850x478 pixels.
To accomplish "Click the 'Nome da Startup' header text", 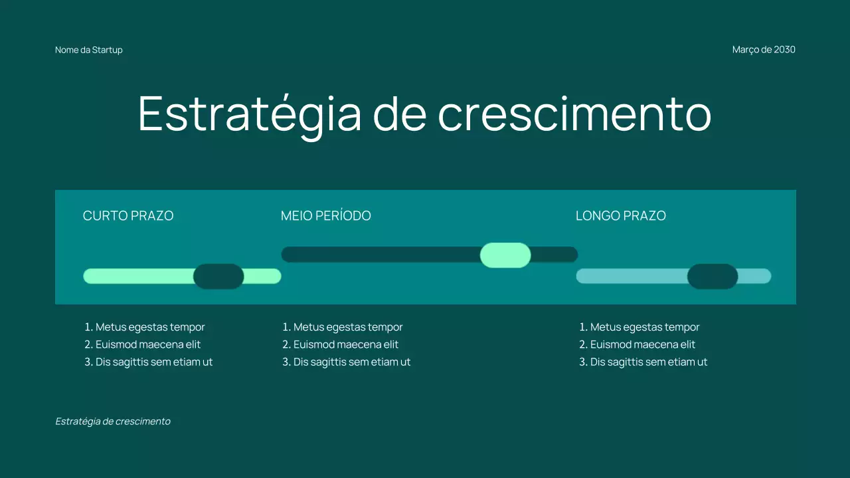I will coord(89,50).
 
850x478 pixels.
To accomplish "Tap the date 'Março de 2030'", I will coord(764,50).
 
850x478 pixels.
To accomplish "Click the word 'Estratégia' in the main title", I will coord(250,114).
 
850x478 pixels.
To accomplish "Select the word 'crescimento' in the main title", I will coord(574,114).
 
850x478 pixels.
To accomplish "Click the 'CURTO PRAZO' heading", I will coord(128,216).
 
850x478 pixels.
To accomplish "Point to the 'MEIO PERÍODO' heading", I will coord(326,216).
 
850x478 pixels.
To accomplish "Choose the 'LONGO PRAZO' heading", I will coord(621,216).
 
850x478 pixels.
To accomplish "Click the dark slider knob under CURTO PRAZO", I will coord(218,276).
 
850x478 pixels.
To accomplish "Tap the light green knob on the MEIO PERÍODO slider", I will coord(505,255).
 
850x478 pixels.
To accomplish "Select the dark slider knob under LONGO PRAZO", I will coord(713,276).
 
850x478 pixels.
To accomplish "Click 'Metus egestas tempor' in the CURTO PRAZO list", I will coord(150,327).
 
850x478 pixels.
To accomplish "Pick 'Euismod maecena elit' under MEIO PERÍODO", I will coord(346,345).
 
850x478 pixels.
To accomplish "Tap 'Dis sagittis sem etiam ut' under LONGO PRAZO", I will coord(649,362).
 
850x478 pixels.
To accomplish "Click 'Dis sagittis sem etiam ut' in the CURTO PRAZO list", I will coord(154,362).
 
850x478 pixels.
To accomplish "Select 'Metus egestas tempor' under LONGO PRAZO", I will coord(645,327).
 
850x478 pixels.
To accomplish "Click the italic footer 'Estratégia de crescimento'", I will coord(113,422).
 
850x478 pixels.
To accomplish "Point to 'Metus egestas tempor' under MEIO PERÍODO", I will coord(348,327).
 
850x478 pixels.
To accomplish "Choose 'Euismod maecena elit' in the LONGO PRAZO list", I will coord(643,345).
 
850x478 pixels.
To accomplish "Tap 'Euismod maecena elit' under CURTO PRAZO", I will coord(148,345).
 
